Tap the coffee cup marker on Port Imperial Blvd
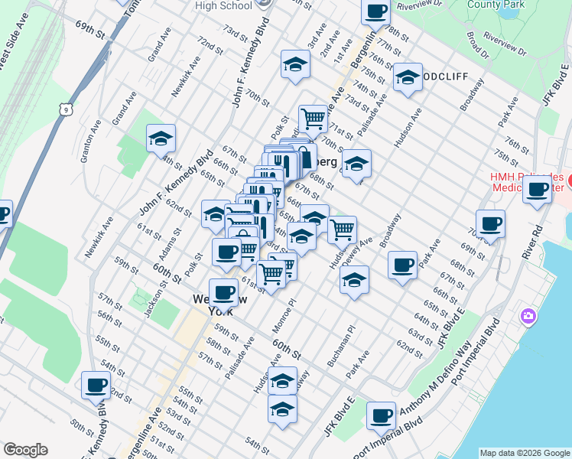381,416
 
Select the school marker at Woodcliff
408,78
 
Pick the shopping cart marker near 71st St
313,119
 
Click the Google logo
25,450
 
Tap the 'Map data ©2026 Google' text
524,453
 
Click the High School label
223,5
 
